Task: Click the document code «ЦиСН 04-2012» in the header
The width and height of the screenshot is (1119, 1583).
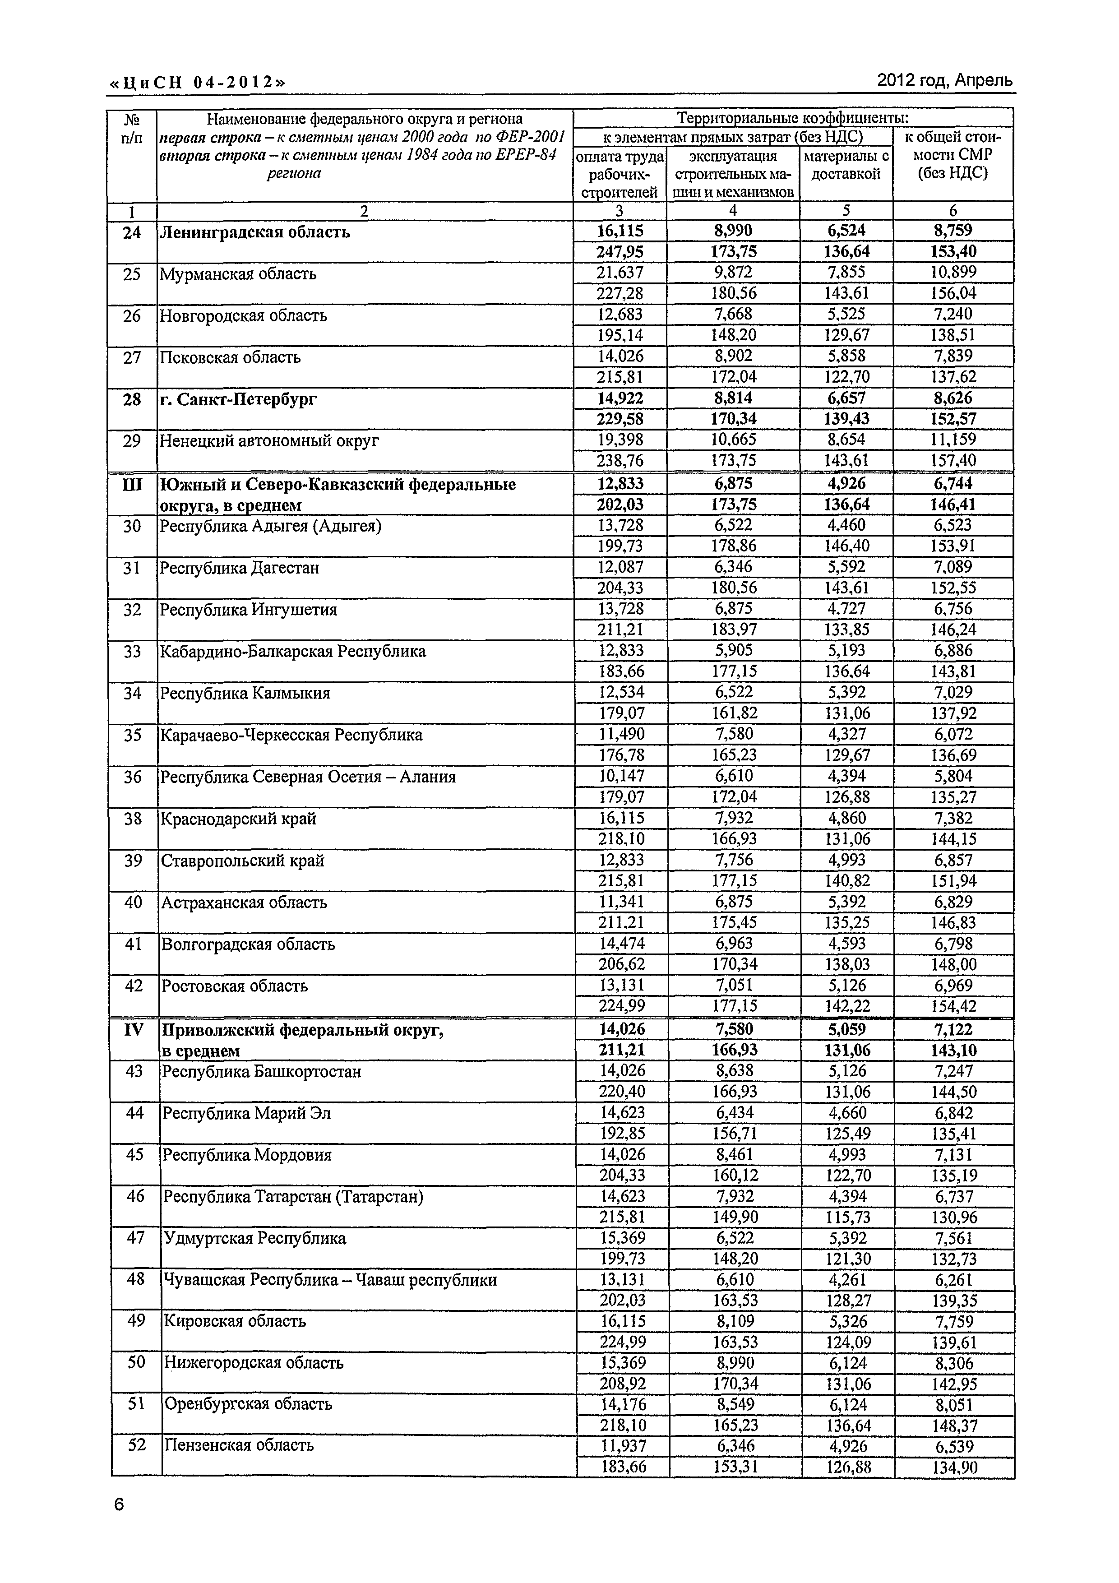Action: [x=196, y=83]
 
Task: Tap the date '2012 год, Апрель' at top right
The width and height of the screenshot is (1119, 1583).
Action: [x=944, y=81]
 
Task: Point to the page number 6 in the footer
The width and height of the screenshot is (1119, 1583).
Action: [x=119, y=1504]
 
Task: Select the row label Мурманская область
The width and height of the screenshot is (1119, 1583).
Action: [x=238, y=274]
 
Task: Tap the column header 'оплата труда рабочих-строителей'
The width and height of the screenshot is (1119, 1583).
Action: [x=619, y=175]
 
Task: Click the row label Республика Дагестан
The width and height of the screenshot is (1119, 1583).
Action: [x=239, y=568]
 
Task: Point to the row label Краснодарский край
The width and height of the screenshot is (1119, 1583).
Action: [x=239, y=819]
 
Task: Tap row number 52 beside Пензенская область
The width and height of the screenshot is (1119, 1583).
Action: [x=137, y=1445]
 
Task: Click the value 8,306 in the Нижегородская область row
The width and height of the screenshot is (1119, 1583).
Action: [x=954, y=1363]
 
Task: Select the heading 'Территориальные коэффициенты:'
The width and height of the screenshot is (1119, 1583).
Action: [x=792, y=118]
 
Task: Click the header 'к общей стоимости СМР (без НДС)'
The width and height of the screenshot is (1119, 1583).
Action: [x=953, y=155]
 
